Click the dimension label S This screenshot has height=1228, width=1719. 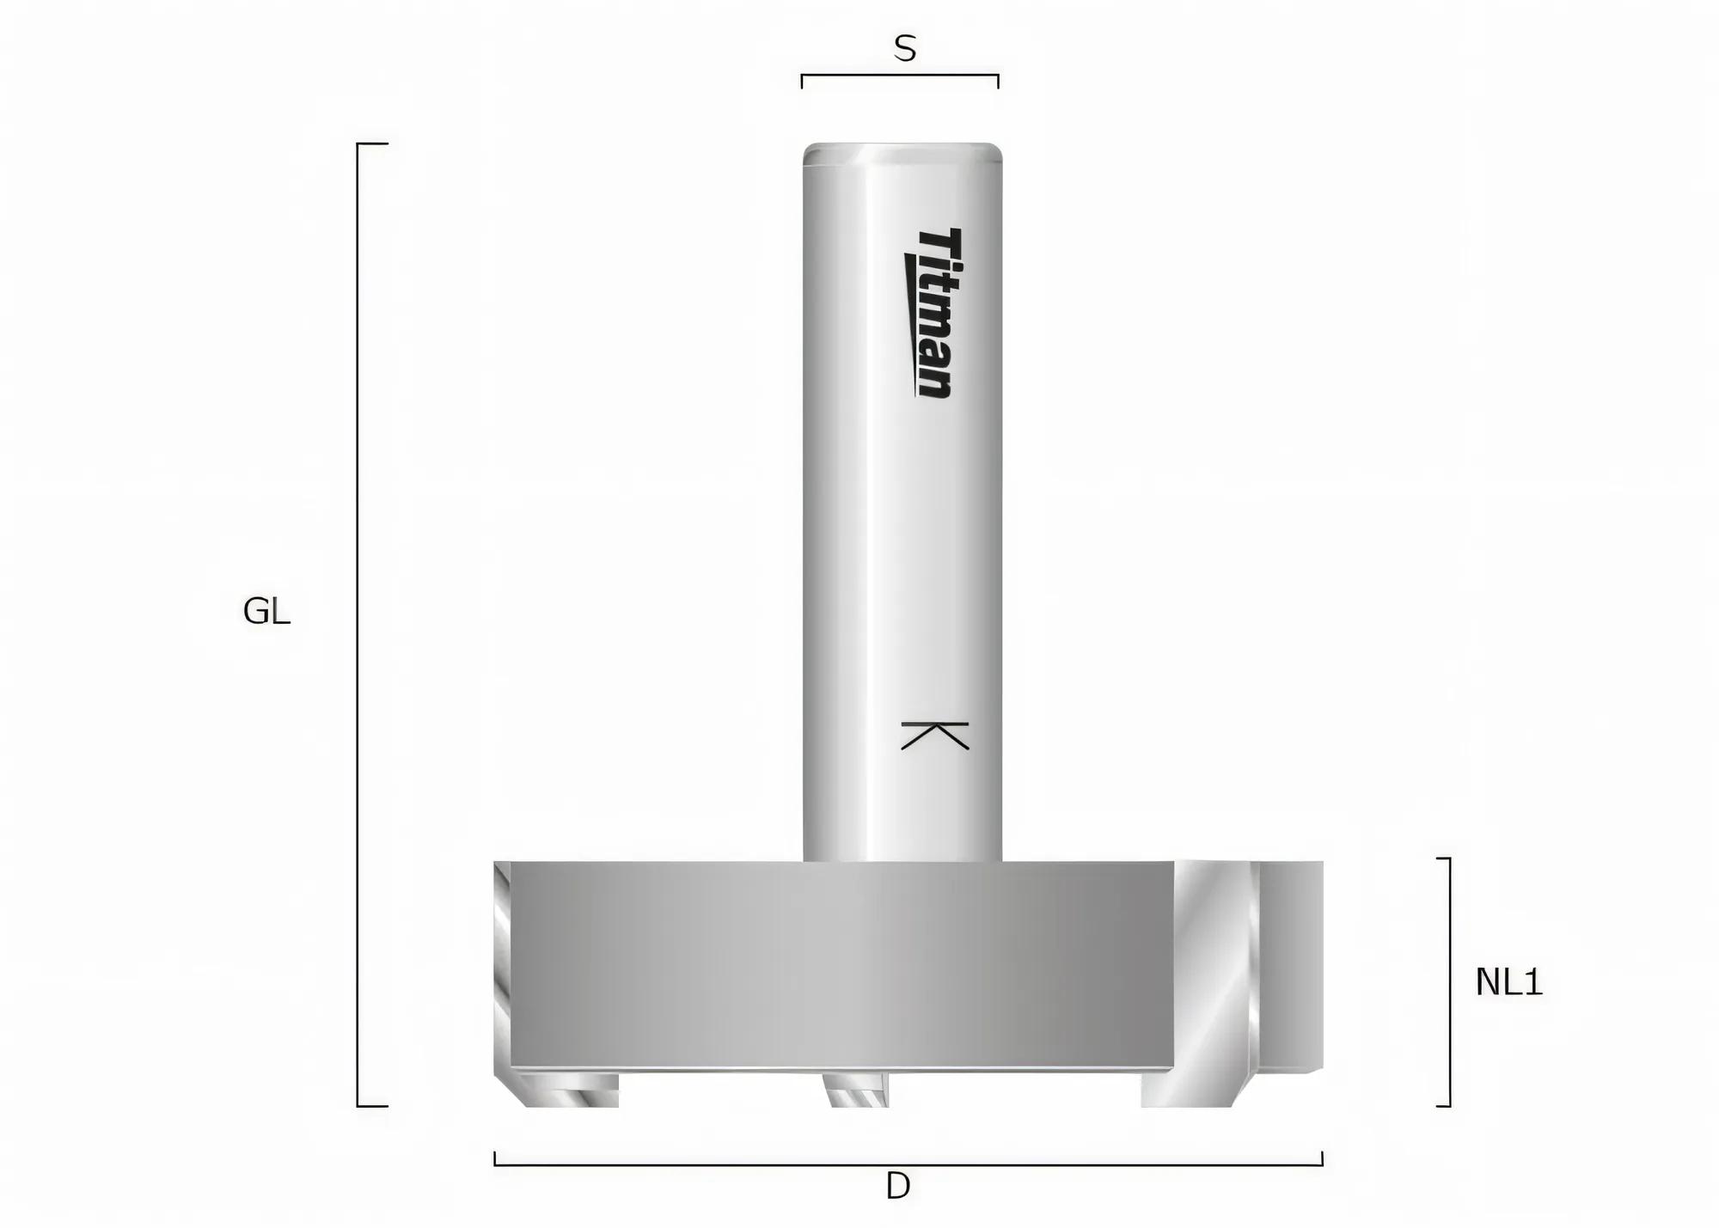904,49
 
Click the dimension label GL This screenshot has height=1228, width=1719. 266,612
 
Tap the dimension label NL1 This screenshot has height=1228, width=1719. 1508,982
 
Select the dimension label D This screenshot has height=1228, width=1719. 897,1187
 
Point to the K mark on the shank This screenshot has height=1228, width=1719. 934,736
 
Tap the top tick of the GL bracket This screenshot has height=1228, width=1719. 373,144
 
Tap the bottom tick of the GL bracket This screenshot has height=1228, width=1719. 373,1106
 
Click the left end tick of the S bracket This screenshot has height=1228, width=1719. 802,81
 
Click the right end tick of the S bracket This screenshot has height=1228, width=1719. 998,81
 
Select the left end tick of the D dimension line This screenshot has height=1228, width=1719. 495,1158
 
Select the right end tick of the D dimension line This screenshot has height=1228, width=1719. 1322,1158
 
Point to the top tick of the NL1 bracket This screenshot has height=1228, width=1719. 1443,858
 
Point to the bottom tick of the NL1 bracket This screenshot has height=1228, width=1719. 1443,1106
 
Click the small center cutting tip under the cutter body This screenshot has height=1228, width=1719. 856,1091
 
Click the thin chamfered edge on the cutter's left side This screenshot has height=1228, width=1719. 502,967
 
